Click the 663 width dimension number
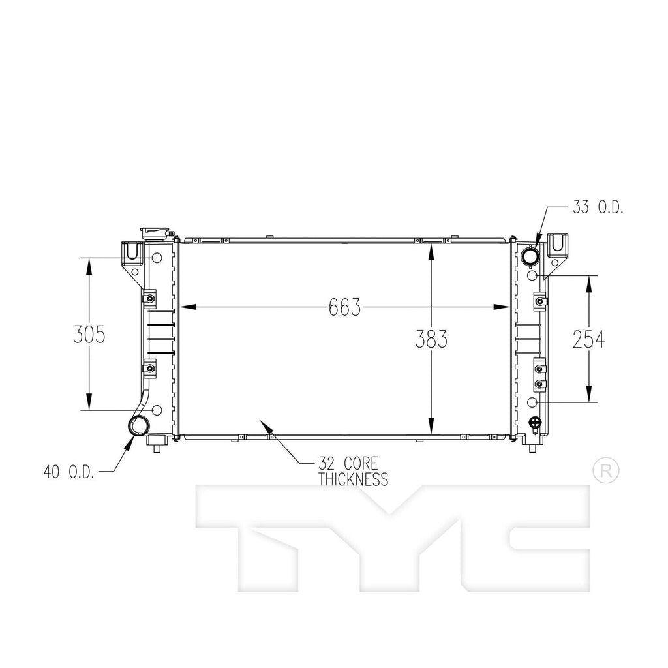pos(345,307)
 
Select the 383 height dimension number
pos(431,339)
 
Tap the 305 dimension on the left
pos(89,335)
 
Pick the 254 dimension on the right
pos(588,339)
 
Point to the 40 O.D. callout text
pos(69,471)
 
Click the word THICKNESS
pos(353,480)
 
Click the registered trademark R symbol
pos(605,470)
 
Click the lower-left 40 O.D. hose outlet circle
pos(139,426)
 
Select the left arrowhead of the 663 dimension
pos(185,307)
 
